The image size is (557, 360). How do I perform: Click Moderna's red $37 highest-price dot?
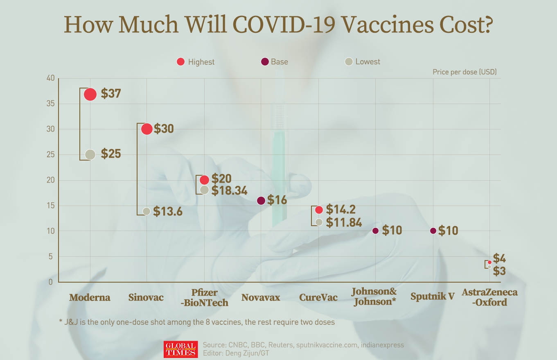coord(90,94)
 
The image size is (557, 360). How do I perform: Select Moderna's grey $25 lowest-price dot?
coord(90,154)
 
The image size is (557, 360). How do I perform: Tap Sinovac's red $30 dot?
coord(147,129)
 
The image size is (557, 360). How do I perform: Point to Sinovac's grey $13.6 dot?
coord(147,211)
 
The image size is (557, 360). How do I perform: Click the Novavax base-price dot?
coord(261,201)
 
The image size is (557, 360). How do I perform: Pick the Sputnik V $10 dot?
coord(433,231)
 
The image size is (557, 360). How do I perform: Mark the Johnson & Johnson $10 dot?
coord(376,231)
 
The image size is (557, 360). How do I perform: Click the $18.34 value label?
coord(230,190)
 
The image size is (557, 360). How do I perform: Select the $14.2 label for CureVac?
coord(341,210)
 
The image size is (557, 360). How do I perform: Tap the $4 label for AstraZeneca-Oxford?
coord(499,258)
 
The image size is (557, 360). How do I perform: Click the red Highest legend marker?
coord(180,62)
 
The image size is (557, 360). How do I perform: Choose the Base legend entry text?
coord(280,62)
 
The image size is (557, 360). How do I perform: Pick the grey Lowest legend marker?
coord(349,62)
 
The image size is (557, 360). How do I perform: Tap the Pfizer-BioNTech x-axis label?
coord(204,298)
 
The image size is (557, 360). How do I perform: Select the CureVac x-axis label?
coord(318,297)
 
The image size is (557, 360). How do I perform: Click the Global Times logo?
coord(180,349)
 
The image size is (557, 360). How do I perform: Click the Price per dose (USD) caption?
coord(465,72)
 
